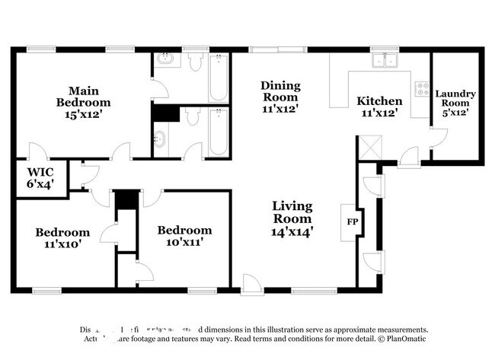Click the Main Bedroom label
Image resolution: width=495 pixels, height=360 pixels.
[84, 97]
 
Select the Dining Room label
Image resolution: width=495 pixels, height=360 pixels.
[280, 97]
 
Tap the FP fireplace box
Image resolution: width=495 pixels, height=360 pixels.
[352, 222]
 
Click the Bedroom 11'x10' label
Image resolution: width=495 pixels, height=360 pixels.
[62, 237]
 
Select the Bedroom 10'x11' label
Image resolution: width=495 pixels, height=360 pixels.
[184, 236]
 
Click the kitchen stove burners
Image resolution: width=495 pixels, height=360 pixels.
[420, 88]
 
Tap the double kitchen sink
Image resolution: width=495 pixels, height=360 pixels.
[385, 60]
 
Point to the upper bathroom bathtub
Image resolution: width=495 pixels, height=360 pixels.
[218, 80]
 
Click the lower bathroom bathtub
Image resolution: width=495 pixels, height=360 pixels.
[218, 131]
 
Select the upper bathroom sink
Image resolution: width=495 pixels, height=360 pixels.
[164, 60]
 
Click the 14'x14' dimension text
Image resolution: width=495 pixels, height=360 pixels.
[294, 231]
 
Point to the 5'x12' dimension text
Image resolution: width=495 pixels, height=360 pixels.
[455, 113]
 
